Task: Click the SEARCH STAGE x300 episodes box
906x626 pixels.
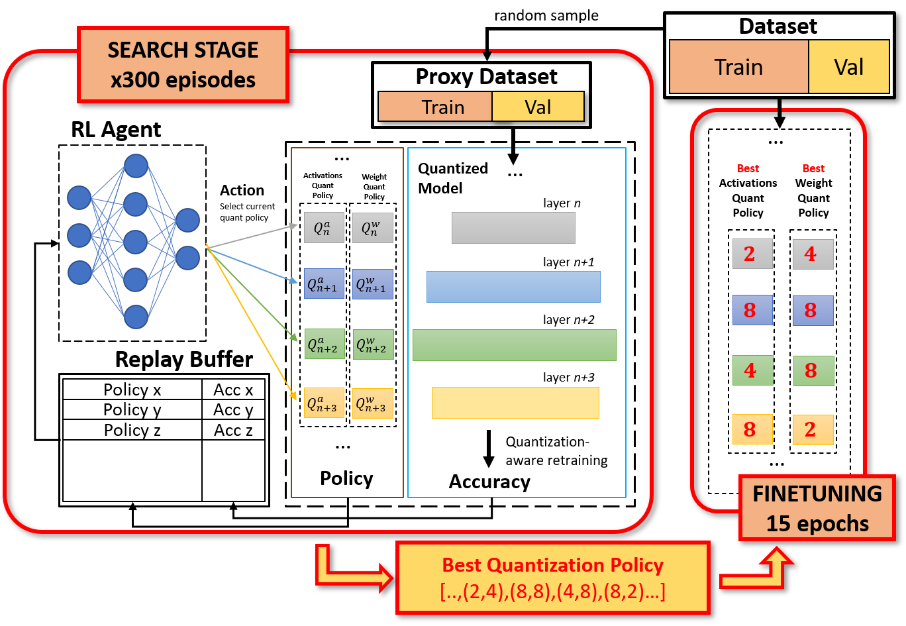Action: point(183,65)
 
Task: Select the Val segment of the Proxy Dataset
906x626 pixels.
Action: point(538,107)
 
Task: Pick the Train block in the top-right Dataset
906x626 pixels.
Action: point(738,67)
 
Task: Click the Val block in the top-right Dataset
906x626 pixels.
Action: point(848,67)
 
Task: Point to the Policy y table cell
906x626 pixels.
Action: point(132,410)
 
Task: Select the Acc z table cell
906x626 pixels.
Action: point(233,430)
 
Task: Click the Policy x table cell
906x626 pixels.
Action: point(132,390)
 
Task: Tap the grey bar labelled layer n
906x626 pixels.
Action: point(513,228)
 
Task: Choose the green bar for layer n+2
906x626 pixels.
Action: point(514,344)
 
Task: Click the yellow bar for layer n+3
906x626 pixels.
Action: point(515,402)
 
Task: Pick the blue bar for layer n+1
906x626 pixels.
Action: point(513,286)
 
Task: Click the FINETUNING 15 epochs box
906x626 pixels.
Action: point(817,508)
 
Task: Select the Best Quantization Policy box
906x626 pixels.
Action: point(552,578)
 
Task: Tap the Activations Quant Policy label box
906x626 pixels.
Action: point(323,185)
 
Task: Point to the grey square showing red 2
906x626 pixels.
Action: point(752,254)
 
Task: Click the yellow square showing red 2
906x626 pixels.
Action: point(813,429)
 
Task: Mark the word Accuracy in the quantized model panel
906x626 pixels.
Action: point(489,482)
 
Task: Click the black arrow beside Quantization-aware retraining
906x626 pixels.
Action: point(489,449)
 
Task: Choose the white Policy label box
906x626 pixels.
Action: point(346,478)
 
